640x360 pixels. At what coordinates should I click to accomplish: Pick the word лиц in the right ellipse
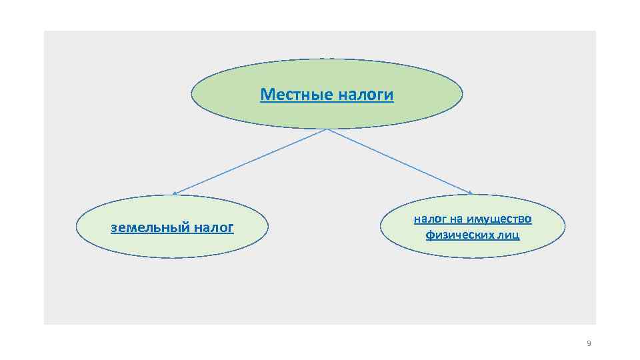pos(508,235)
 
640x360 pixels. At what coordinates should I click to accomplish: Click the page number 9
pos(588,343)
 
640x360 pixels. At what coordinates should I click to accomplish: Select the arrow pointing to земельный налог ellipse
pos(250,161)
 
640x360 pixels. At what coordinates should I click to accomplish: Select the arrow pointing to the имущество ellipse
pos(400,161)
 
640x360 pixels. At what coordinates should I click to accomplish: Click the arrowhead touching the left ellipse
pos(175,193)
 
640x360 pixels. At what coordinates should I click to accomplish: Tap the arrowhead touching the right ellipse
pos(471,193)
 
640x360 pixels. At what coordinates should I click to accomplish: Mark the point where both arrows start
pos(327,129)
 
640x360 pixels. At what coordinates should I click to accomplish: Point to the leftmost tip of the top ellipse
pos(192,94)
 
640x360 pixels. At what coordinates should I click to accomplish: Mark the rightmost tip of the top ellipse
pos(462,94)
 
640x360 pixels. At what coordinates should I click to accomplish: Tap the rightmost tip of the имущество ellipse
pos(565,226)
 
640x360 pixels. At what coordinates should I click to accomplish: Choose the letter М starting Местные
pos(266,95)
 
